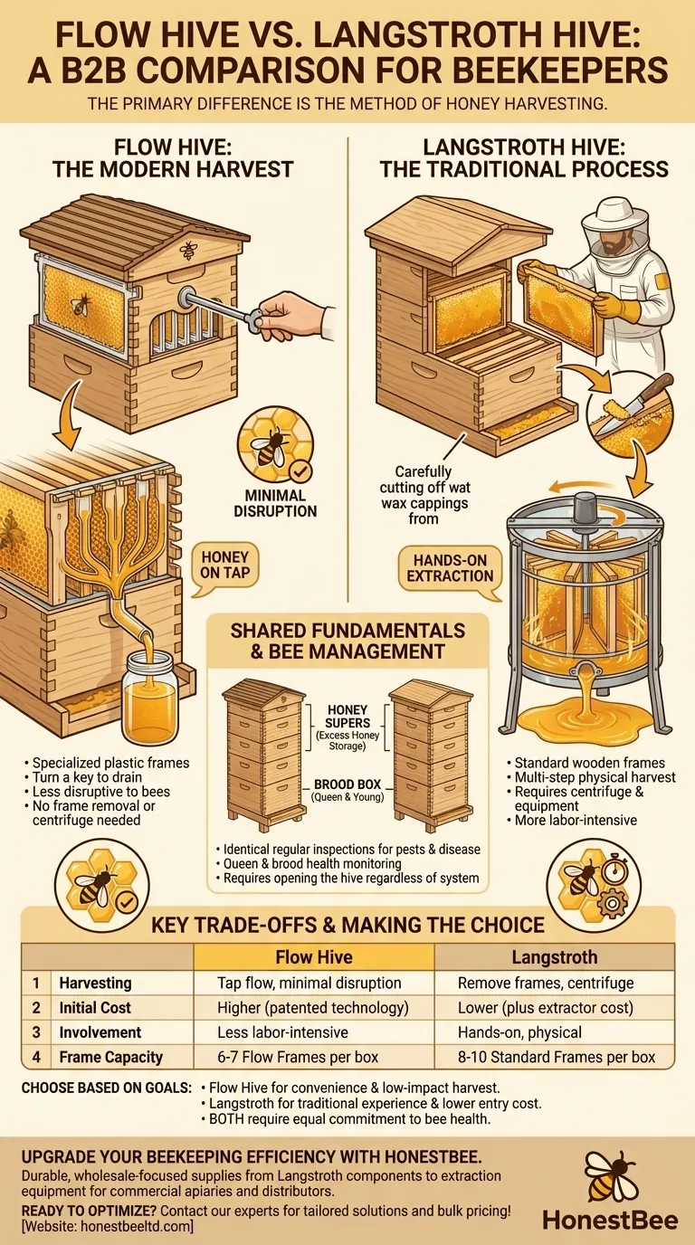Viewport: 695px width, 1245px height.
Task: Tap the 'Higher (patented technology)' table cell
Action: [313, 1007]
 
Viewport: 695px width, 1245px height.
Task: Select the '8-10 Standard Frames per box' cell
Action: [555, 1056]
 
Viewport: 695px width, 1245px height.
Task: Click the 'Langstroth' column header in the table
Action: [555, 957]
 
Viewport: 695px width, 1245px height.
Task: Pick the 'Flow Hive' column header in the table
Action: [313, 957]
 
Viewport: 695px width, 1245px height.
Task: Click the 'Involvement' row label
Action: [100, 1031]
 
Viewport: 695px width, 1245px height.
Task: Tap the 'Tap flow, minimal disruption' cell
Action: [313, 983]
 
